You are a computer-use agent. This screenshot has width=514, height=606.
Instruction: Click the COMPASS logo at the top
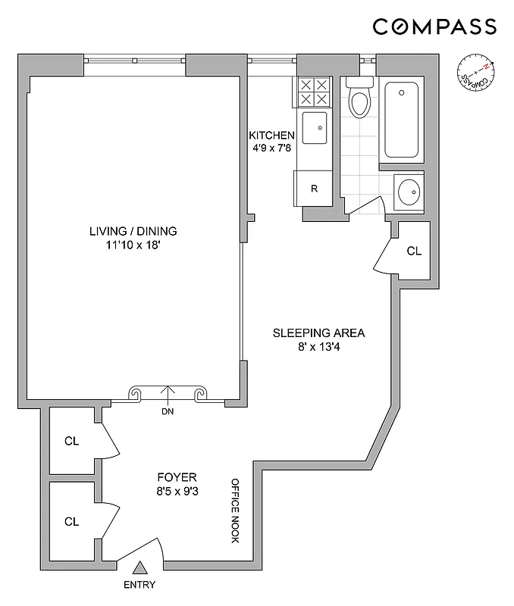click(x=434, y=27)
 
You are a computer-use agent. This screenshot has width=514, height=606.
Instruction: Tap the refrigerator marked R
click(x=314, y=188)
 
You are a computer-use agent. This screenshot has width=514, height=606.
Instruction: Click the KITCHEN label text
click(x=272, y=136)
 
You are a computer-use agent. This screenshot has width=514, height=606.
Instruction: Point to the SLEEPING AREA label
click(x=319, y=333)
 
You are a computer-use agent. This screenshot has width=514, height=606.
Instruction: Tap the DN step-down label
click(x=167, y=412)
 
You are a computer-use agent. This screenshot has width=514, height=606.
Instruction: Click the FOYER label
click(x=177, y=477)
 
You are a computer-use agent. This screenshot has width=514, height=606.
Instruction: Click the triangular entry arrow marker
click(x=139, y=567)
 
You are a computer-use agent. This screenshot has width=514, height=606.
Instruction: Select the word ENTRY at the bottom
click(x=139, y=584)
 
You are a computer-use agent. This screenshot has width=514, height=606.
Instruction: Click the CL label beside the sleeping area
click(x=414, y=251)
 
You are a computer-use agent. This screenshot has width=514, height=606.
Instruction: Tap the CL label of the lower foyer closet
click(x=72, y=521)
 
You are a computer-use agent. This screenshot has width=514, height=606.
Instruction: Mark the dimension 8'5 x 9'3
click(x=177, y=491)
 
